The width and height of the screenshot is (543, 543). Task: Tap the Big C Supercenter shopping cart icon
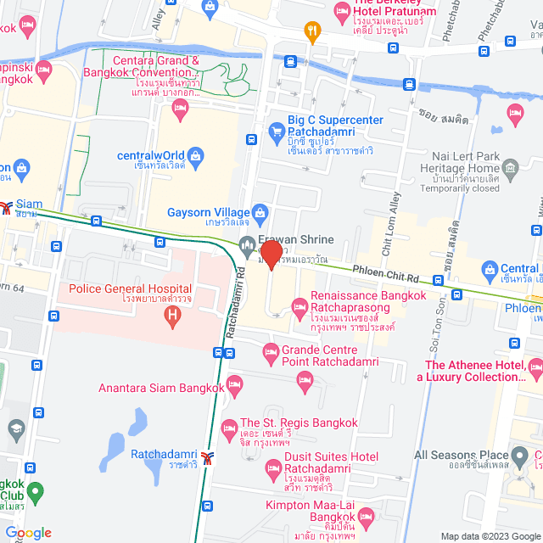pos(276,131)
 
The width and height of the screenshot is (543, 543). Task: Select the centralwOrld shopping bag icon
pos(197,155)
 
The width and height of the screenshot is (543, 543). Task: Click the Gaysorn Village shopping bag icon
pos(261,211)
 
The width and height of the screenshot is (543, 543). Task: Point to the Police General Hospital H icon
pos(173,318)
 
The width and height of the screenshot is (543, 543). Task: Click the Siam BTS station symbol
pos(6,206)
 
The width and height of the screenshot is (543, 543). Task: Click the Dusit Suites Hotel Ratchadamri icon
pos(273,467)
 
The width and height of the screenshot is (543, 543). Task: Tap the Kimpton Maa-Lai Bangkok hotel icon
pos(367,516)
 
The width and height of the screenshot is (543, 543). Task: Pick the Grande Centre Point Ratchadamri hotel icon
pos(271,350)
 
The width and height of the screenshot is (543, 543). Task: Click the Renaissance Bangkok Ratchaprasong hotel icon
pos(299,305)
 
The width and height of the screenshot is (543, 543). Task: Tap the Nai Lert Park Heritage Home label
pos(475,164)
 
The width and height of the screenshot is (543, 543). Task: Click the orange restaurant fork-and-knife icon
pos(312,31)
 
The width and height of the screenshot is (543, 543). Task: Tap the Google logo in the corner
pos(29,533)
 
